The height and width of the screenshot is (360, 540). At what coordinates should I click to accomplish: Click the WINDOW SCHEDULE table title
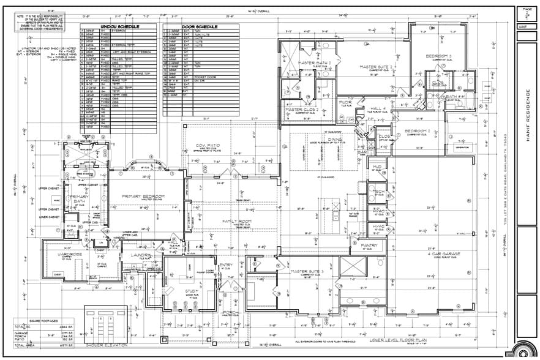coord(119,27)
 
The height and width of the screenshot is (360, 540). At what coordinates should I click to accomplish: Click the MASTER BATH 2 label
coord(315,63)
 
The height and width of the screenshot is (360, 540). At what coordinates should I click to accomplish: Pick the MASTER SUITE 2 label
coord(376,67)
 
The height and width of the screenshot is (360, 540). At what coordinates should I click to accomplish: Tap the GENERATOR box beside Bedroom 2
coord(461,148)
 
